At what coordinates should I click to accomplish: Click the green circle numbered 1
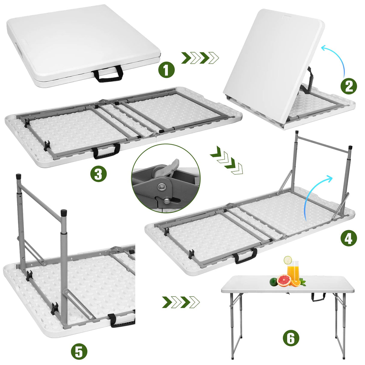point(166,70)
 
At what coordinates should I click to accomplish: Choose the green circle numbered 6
point(291,339)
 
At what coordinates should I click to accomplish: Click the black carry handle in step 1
point(109,73)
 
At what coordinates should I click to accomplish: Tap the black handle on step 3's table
point(106,151)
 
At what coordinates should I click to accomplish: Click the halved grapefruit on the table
point(284,281)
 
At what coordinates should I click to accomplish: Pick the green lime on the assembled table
point(273,282)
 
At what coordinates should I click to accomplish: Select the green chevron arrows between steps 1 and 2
point(200,57)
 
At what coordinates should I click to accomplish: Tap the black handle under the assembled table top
point(318,297)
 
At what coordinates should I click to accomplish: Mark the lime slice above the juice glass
point(288,259)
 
